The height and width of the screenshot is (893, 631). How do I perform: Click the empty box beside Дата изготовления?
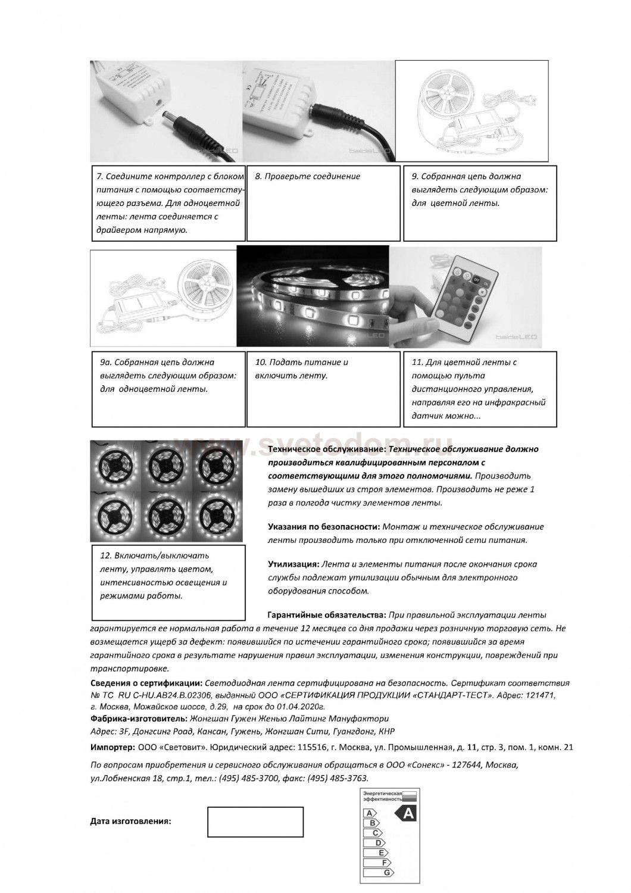point(255,822)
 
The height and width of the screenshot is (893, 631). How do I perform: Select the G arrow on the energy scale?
point(387,872)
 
